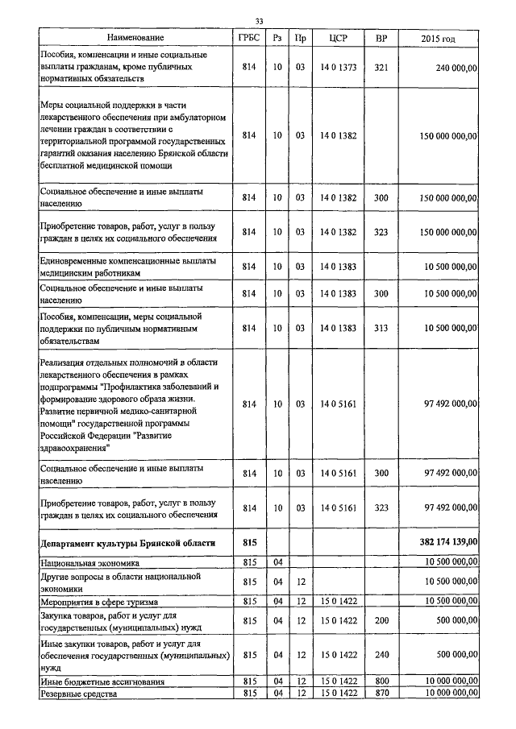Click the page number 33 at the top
(259, 21)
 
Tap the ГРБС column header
(248, 37)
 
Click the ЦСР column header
(338, 37)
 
